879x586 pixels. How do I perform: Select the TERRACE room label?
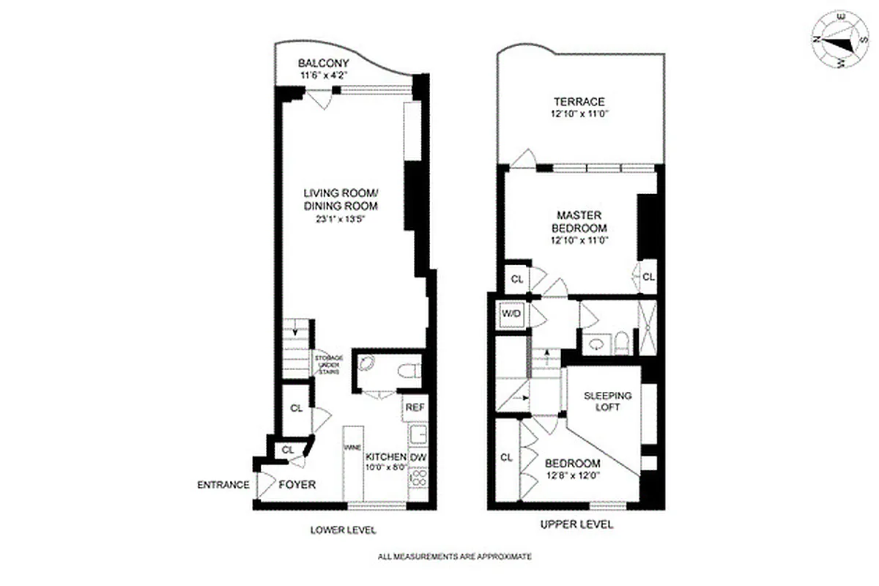579,102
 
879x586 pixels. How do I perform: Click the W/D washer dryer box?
511,314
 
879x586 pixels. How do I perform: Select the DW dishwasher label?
418,458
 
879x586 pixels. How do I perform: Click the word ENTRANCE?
223,485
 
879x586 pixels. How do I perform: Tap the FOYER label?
297,485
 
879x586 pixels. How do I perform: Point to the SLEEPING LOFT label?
607,401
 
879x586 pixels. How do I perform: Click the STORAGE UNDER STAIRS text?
327,364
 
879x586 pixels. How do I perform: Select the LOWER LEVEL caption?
337,530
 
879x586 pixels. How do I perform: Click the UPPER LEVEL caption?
576,525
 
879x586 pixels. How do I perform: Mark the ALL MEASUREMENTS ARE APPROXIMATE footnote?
454,557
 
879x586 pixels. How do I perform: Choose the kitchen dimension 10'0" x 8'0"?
385,467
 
